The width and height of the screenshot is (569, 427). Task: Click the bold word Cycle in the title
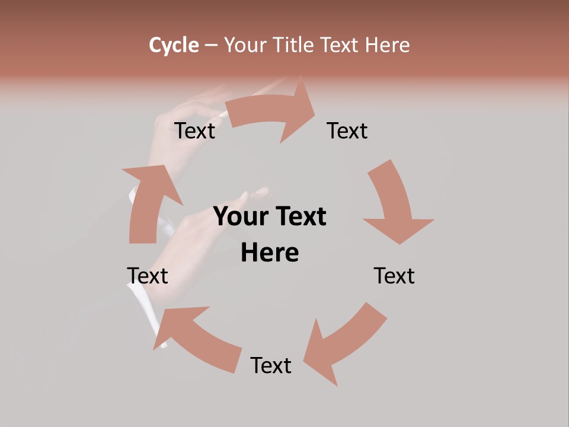174,45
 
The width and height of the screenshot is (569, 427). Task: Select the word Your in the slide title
244,45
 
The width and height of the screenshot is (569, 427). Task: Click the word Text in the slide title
341,45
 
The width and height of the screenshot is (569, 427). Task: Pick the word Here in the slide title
388,45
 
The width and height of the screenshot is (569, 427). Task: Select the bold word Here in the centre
270,253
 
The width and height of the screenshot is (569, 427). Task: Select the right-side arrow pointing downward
394,205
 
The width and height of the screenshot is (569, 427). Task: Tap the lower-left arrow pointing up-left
196,335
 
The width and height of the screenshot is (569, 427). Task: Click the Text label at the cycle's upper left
195,131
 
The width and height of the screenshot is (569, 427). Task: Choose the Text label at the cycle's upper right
347,131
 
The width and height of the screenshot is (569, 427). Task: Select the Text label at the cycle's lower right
394,276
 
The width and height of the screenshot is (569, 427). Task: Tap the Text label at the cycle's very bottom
271,366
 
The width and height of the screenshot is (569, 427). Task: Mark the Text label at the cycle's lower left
148,276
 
